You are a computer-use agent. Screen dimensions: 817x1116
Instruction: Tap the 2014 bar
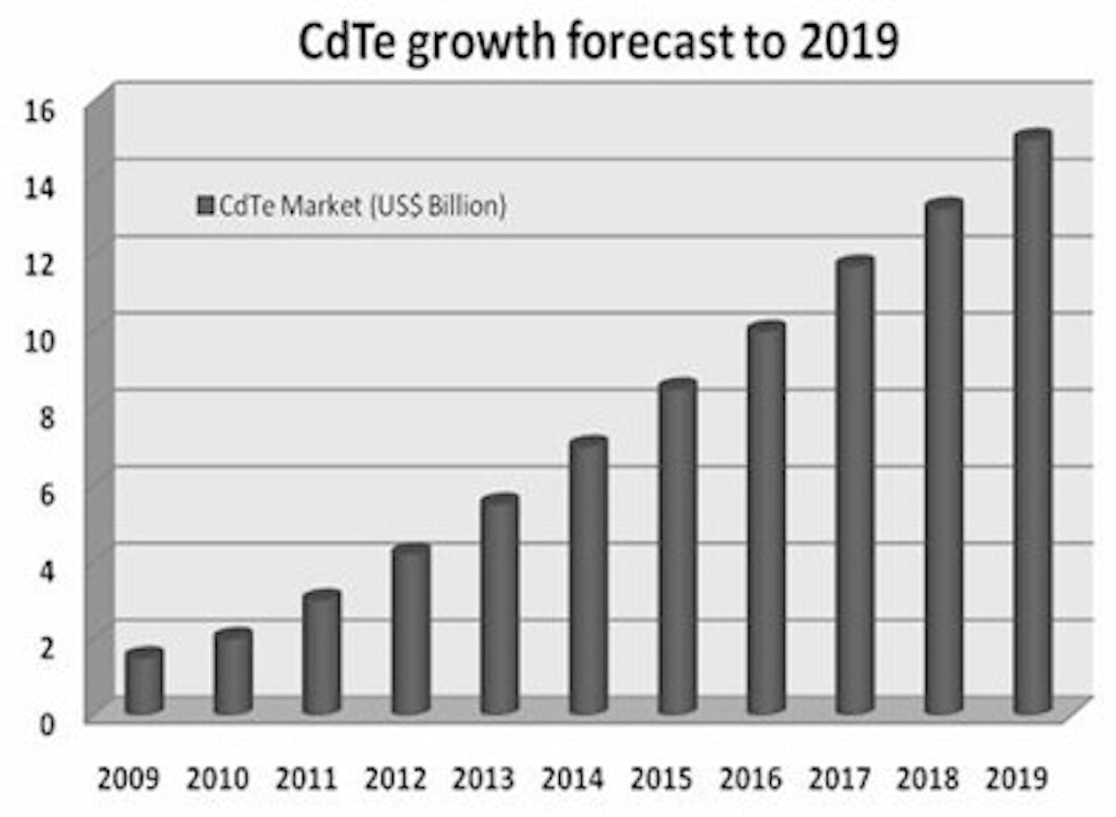589,576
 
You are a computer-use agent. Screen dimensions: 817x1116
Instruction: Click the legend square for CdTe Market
206,205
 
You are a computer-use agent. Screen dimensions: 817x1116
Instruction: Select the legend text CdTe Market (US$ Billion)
362,205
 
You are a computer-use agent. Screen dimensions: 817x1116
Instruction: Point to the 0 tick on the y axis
46,722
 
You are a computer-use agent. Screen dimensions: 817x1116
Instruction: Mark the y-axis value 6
46,493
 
